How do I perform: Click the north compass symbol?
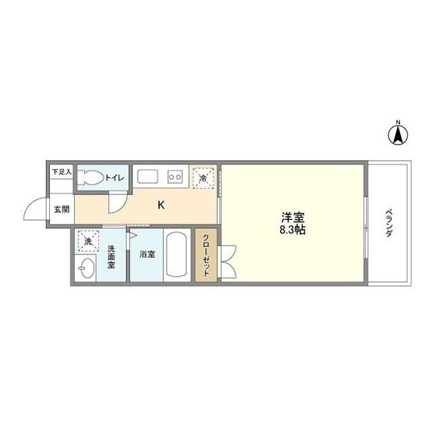398,133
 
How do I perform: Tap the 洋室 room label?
293,217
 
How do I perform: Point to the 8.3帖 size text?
293,230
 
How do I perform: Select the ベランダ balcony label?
389,223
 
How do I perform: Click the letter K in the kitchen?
161,205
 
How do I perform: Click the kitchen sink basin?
148,177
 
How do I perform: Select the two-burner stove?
175,178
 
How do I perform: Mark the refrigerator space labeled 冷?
203,178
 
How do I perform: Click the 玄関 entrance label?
61,209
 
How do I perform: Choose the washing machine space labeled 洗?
88,241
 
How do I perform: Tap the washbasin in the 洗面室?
86,269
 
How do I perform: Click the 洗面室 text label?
111,256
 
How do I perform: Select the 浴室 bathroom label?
147,255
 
